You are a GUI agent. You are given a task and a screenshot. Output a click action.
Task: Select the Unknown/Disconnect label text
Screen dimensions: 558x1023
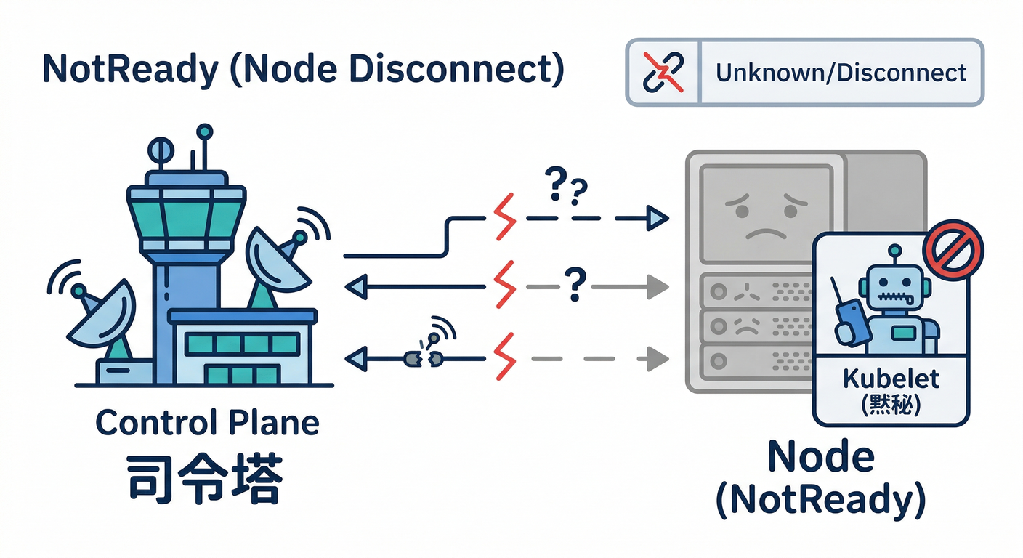841,73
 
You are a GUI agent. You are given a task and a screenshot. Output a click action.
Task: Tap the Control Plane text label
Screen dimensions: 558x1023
207,422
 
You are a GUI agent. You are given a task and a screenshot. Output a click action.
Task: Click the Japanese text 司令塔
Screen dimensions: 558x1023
204,479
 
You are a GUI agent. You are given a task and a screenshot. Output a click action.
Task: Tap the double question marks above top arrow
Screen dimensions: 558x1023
563,188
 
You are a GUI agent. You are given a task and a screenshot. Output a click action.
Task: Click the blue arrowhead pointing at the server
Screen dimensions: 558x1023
657,217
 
